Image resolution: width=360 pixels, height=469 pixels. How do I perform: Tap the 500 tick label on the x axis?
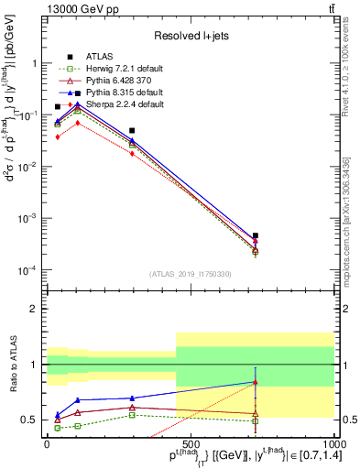(x=191, y=442)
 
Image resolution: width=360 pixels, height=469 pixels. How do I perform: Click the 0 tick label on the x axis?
(x=47, y=442)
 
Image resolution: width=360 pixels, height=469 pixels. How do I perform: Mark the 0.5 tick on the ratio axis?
(x=30, y=420)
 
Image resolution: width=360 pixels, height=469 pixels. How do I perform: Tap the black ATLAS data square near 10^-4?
(x=256, y=236)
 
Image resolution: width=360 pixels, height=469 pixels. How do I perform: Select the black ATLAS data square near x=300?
(x=133, y=131)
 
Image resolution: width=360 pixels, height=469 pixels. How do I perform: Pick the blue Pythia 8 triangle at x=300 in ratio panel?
(x=133, y=398)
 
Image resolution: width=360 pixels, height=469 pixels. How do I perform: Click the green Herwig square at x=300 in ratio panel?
(x=133, y=415)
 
